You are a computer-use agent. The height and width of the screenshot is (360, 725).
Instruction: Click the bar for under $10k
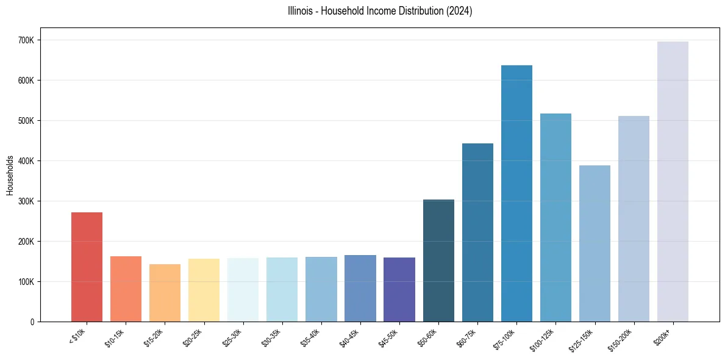(x=87, y=267)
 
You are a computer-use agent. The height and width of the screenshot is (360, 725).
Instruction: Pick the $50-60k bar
(x=438, y=261)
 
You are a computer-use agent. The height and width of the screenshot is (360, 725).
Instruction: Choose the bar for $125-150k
(x=595, y=243)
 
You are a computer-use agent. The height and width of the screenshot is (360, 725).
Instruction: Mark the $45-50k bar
(x=399, y=289)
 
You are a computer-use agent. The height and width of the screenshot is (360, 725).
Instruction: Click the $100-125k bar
(x=555, y=217)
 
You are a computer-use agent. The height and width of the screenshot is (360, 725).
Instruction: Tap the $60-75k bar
(x=477, y=232)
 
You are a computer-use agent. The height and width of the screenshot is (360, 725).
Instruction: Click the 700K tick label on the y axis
(x=27, y=40)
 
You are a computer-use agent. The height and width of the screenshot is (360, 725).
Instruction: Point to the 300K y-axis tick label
(x=27, y=201)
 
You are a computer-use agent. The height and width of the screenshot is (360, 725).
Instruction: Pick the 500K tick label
(x=27, y=121)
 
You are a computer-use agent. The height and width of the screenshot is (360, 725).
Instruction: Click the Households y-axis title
(x=10, y=175)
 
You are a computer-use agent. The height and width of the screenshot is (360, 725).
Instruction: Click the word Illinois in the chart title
(x=300, y=11)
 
